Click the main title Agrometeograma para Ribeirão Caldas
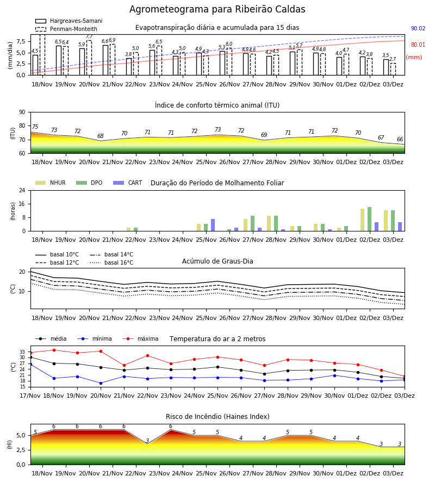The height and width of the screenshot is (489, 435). point(217,9)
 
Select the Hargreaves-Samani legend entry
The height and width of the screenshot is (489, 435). point(69,21)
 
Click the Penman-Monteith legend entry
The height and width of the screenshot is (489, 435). point(66,29)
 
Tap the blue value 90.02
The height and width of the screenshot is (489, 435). point(418,28)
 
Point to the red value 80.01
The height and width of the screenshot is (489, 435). point(418,45)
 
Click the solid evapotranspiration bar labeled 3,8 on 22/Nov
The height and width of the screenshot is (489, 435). point(128,66)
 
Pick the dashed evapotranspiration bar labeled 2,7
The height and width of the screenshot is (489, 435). point(393,69)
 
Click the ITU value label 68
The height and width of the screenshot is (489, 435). point(100,136)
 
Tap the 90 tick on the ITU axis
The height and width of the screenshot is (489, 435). point(22,112)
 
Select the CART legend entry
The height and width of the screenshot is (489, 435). point(127,183)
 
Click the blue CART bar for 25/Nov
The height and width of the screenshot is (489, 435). point(213,225)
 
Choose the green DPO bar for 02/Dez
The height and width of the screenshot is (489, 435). point(369,219)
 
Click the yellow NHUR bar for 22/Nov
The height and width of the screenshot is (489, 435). point(128,229)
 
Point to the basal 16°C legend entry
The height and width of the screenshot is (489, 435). point(111,262)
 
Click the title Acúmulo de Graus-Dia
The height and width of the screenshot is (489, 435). point(217,261)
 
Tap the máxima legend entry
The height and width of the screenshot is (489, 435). point(140,338)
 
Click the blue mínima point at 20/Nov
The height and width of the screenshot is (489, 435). point(101,383)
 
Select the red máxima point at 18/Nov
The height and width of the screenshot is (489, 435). point(54,350)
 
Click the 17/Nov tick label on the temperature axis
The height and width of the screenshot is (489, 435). point(30,396)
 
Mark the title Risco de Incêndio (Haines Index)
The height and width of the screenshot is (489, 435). point(217,416)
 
